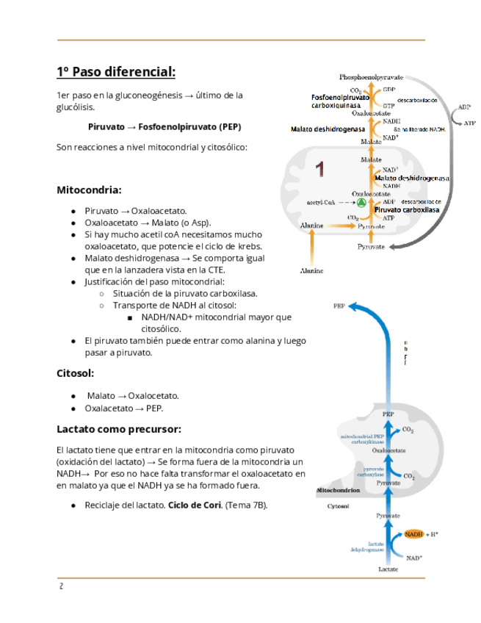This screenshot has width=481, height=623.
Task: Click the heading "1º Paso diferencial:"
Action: (116, 72)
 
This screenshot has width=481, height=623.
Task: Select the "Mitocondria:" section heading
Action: (89, 190)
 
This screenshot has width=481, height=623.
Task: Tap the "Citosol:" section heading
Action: (76, 373)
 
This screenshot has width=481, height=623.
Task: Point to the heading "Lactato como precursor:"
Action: (119, 429)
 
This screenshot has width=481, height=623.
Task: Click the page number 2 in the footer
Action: (62, 586)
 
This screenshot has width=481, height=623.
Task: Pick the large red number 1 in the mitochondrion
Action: (319, 170)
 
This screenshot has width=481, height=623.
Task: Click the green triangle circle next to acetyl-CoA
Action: (361, 201)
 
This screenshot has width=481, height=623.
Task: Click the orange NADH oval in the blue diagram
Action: (413, 534)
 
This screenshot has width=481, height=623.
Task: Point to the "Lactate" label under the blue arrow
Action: (388, 569)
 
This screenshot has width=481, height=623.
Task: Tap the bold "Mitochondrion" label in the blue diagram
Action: (337, 490)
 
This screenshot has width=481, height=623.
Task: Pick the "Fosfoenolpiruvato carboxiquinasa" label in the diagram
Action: (340, 101)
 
